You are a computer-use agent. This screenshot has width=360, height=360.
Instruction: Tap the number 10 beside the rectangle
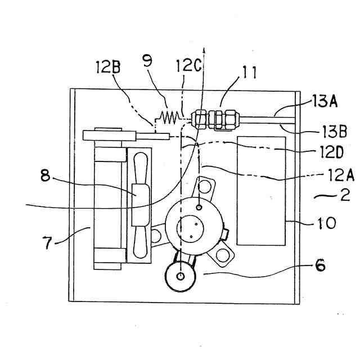coord(326,223)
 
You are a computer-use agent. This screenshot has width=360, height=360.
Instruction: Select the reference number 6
coord(319,265)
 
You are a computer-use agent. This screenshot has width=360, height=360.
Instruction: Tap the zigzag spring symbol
coord(169,117)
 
